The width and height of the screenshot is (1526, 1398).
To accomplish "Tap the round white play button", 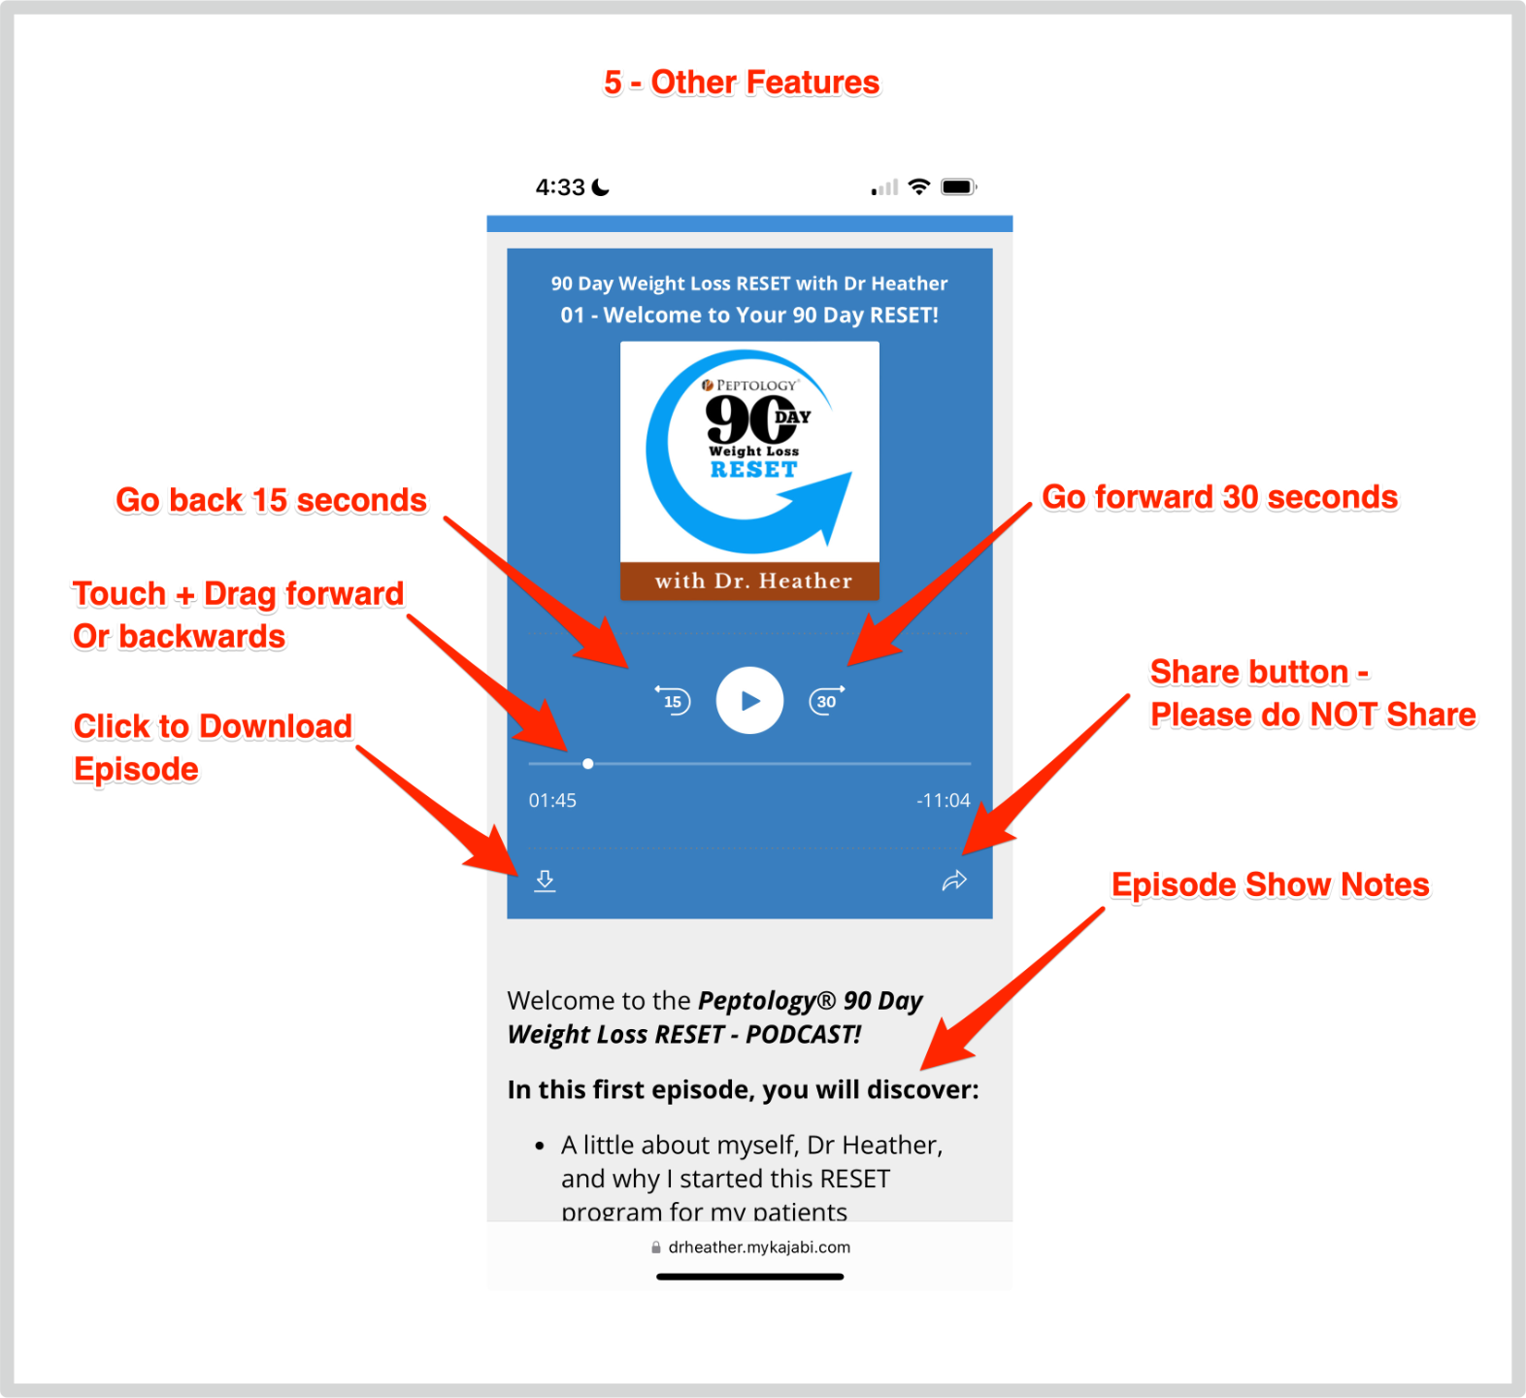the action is click(x=749, y=700).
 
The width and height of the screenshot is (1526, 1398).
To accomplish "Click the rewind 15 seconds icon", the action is click(x=673, y=700).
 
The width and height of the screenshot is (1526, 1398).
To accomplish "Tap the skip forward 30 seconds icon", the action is click(x=826, y=700).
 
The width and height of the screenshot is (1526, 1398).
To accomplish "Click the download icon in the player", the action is click(x=545, y=881).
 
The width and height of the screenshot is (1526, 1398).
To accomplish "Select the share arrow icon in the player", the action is click(x=954, y=881).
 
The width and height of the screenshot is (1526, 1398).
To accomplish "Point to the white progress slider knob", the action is click(x=588, y=764).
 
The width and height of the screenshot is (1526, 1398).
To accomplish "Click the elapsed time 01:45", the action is click(x=552, y=801).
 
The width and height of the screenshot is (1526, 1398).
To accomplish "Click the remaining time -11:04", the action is click(x=943, y=801).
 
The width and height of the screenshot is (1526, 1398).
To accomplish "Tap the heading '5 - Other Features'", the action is click(x=742, y=83).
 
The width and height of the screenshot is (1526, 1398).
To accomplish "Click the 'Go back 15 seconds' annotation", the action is click(x=271, y=500).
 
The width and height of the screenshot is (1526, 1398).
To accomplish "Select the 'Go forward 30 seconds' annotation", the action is click(x=1219, y=497).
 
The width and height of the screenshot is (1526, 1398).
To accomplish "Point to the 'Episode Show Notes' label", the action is click(x=1270, y=884).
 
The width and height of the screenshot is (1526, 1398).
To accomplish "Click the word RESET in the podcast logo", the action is click(x=753, y=470).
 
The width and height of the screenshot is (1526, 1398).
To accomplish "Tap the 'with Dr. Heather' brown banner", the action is click(x=750, y=581).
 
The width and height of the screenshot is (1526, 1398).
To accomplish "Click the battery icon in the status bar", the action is click(x=958, y=187).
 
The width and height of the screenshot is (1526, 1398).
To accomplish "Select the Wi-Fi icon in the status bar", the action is click(x=918, y=187).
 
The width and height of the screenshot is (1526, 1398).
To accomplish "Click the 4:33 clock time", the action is click(x=560, y=187).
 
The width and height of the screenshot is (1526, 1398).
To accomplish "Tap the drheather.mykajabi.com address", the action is click(x=758, y=1248).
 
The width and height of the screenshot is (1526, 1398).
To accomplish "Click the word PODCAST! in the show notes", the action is click(x=803, y=1035).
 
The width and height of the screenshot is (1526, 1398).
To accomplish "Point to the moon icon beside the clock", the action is click(x=602, y=187).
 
